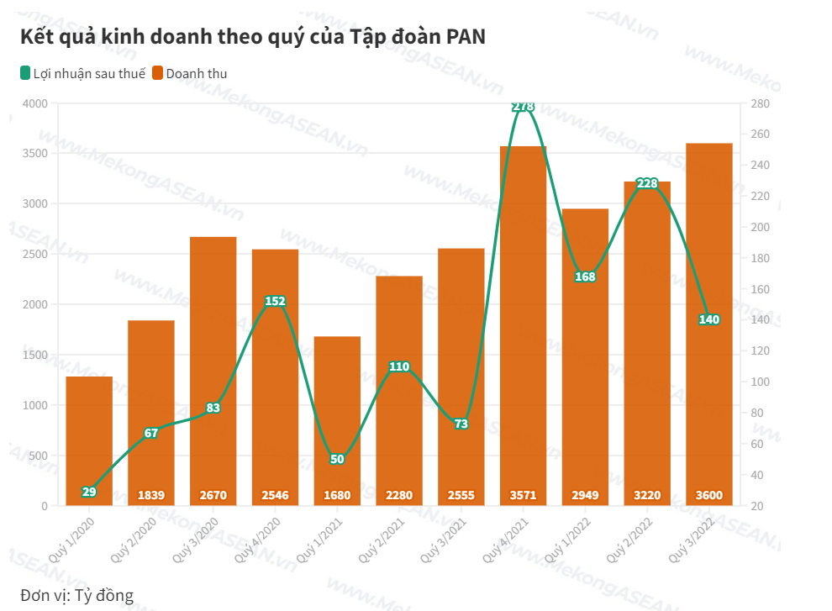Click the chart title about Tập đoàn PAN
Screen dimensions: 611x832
click(x=253, y=37)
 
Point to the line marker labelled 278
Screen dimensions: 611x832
click(x=524, y=107)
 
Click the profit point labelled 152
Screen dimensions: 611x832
click(x=276, y=301)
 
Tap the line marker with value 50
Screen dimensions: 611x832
click(x=337, y=459)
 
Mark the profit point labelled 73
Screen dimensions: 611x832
click(x=461, y=424)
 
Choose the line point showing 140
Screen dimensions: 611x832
click(x=709, y=319)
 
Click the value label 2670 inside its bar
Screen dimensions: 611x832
click(x=213, y=495)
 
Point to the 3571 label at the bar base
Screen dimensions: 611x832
click(x=524, y=495)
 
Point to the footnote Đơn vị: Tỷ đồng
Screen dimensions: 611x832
click(x=76, y=596)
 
